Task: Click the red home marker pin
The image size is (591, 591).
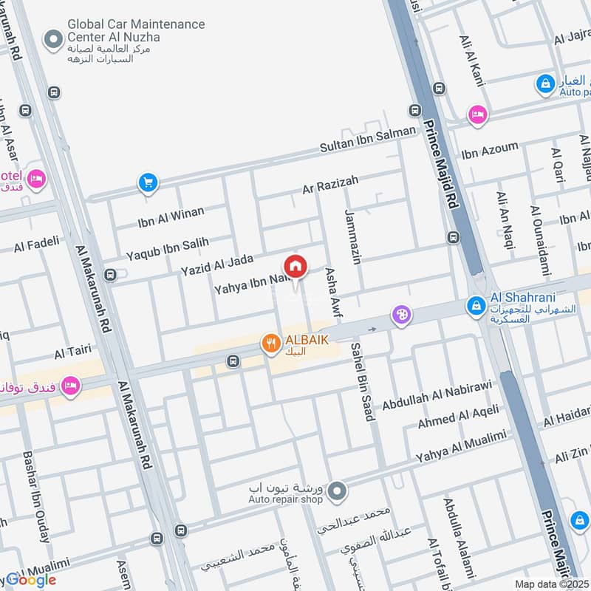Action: [295, 267]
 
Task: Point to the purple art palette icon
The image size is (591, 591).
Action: [401, 315]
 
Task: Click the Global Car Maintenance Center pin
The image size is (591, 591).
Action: [52, 41]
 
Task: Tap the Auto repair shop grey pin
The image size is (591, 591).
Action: [337, 490]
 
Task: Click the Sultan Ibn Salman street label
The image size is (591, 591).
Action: [367, 138]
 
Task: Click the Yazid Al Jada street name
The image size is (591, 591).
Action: [216, 264]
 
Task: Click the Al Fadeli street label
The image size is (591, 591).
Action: [36, 245]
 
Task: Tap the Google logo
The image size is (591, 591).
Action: [31, 580]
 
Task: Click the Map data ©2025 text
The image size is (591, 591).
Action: [550, 584]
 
